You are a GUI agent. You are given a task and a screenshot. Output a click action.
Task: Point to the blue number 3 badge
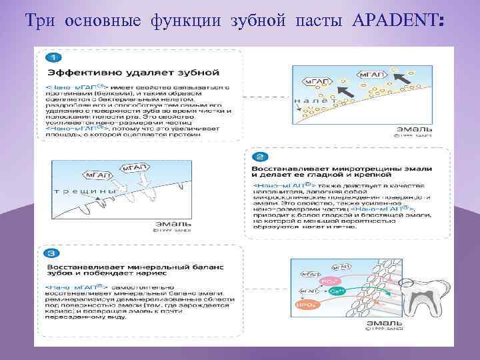pos(52,253)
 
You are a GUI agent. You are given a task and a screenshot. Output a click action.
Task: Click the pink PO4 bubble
pos(327,282)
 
